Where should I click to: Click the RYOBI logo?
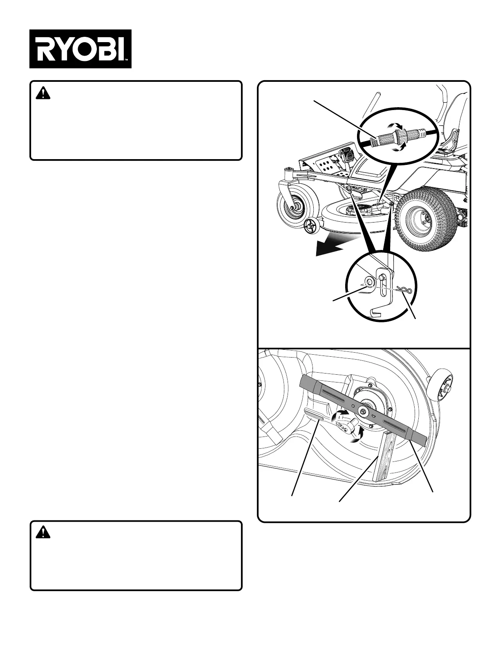click(x=80, y=49)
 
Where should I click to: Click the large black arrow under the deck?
click(x=333, y=248)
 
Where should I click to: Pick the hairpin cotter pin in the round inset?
click(x=404, y=289)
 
